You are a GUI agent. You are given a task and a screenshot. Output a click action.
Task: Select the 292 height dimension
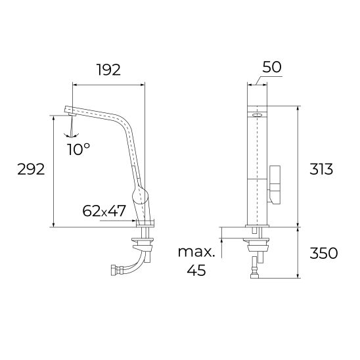click(x=31, y=169)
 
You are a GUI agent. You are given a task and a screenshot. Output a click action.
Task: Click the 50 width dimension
click(x=272, y=67)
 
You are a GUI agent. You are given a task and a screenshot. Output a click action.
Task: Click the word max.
click(x=196, y=252)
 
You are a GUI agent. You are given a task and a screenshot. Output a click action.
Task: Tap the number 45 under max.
click(x=196, y=270)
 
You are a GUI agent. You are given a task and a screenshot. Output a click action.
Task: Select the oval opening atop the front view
click(x=258, y=114)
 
